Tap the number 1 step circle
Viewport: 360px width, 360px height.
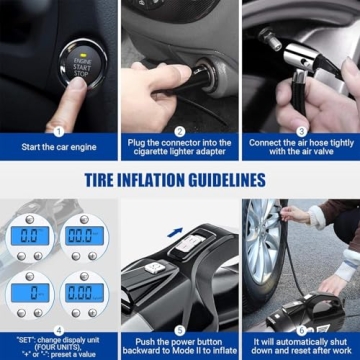click(58, 130)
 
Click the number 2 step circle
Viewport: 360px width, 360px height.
click(180, 130)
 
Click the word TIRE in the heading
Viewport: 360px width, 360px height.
click(112, 181)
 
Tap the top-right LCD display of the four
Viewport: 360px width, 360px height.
click(83, 236)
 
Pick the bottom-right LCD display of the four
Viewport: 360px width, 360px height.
click(83, 293)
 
